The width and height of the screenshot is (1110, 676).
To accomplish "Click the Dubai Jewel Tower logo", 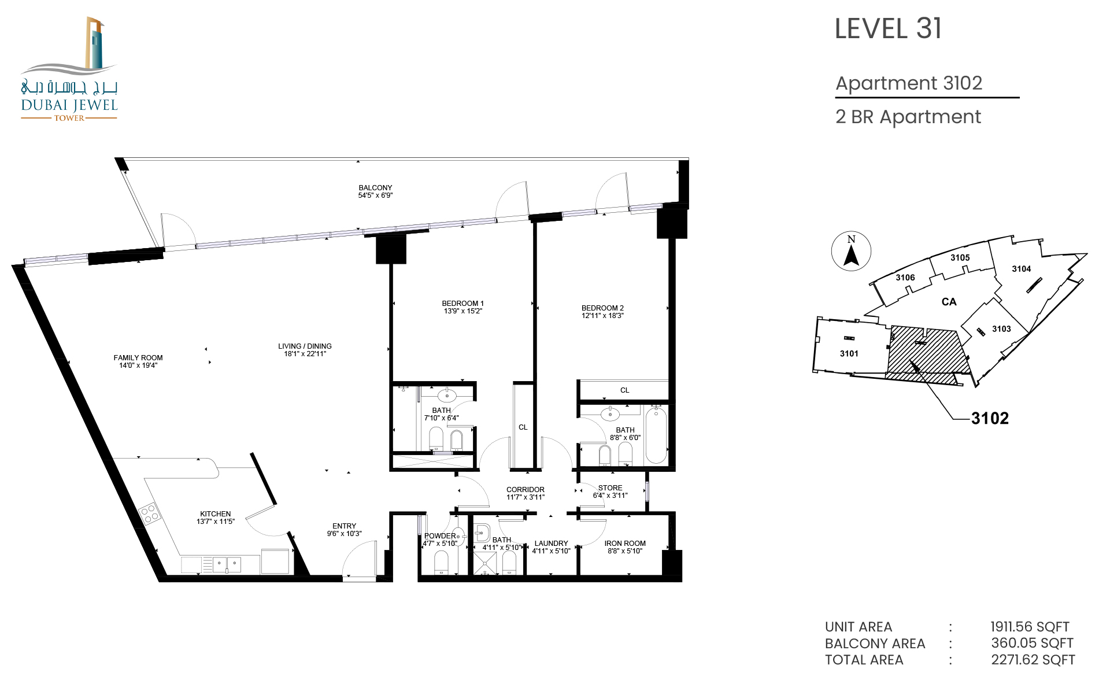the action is click(x=69, y=69).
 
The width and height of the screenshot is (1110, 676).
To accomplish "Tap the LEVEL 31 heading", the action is click(x=888, y=29).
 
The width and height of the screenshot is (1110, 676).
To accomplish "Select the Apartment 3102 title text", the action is click(x=909, y=83).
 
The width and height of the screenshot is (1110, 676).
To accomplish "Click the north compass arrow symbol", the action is click(x=851, y=256).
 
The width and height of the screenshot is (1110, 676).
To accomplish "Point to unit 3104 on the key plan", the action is click(x=1021, y=269).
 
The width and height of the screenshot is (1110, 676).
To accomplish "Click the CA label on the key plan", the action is click(x=949, y=302).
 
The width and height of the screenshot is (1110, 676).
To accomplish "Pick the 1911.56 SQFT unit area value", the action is click(x=1030, y=627).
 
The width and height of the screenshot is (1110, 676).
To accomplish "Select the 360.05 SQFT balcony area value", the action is click(x=1032, y=643).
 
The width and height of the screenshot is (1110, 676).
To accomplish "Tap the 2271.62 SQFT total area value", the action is click(x=1033, y=660).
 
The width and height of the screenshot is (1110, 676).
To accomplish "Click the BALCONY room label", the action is click(x=375, y=188).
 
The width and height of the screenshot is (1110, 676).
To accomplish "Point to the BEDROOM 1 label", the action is click(x=462, y=304).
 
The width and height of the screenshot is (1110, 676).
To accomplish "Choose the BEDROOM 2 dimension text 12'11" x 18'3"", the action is click(x=602, y=316).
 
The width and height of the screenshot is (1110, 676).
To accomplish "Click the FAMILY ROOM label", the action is click(x=138, y=358).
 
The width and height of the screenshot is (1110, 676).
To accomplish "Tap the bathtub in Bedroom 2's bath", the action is click(x=656, y=435).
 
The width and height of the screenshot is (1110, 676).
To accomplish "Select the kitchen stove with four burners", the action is click(x=149, y=514).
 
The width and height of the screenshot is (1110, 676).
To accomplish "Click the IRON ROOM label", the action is click(x=625, y=544).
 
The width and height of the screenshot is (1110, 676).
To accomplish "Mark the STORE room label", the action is click(x=610, y=488).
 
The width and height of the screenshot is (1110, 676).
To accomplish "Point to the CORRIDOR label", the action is click(x=526, y=490).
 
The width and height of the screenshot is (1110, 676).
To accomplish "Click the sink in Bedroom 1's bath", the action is click(x=447, y=396).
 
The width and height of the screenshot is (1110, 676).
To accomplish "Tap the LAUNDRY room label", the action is click(x=551, y=544).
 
